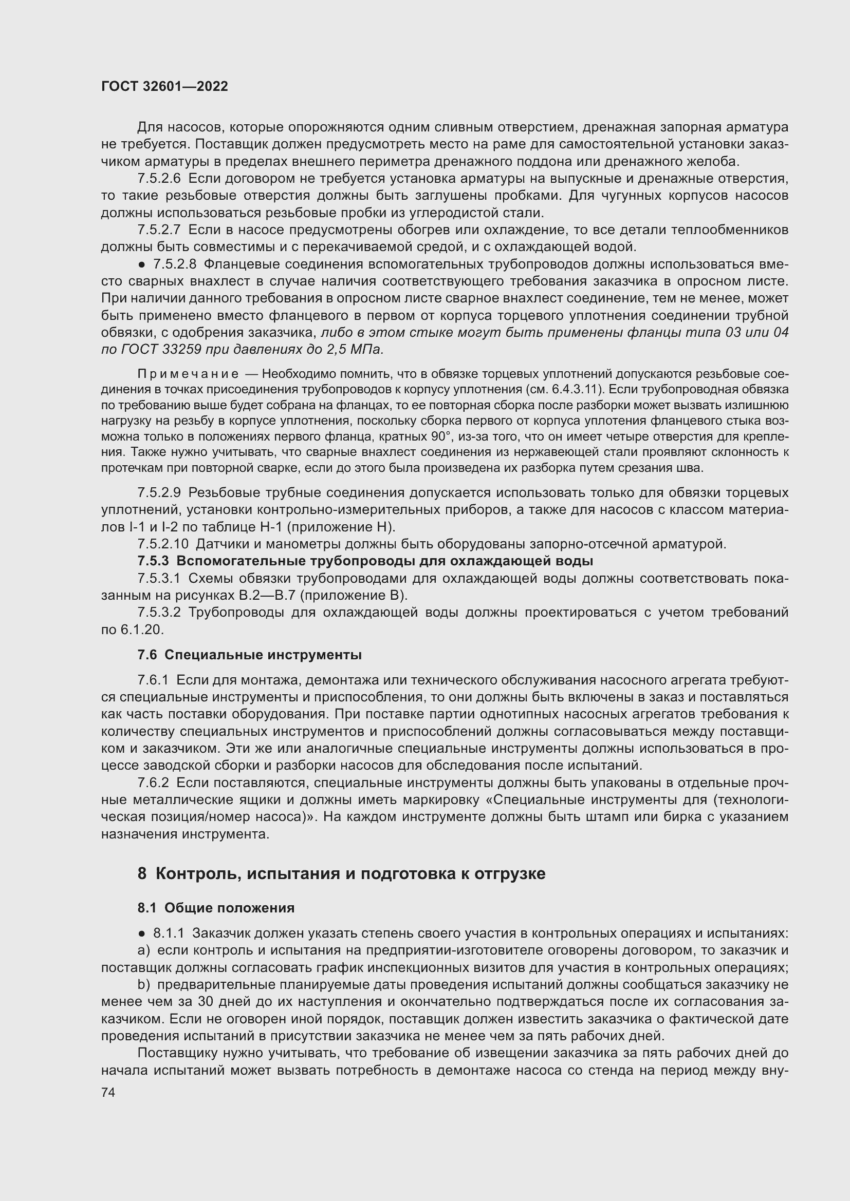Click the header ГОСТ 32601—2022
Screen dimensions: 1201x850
(x=164, y=86)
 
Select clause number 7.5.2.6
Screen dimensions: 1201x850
(x=159, y=179)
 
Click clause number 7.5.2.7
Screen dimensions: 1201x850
(x=159, y=230)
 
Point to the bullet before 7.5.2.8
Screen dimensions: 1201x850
(x=142, y=265)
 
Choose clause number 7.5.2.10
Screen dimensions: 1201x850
(x=163, y=544)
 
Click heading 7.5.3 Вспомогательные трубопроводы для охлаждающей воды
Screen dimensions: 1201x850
(x=365, y=561)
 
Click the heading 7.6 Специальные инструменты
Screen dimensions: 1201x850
(x=249, y=655)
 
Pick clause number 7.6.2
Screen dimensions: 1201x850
(x=153, y=783)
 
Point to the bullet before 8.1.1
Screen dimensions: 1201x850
(x=142, y=933)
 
